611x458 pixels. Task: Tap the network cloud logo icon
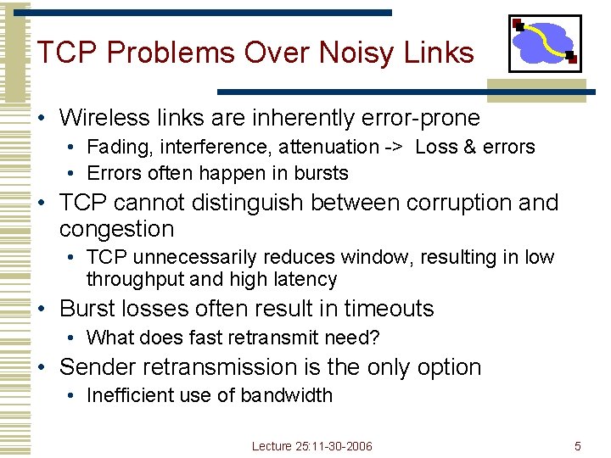[544, 43]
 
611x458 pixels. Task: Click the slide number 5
[577, 446]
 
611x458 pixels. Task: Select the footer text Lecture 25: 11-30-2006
[311, 446]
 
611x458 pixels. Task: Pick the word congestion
[116, 229]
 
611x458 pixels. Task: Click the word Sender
[99, 367]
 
